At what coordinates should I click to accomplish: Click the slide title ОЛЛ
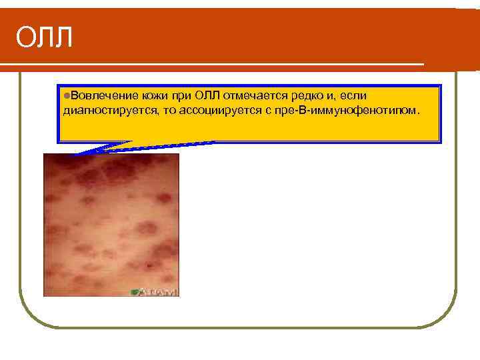pyautogui.click(x=44, y=38)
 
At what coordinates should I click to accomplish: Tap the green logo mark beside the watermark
pyautogui.click(x=135, y=291)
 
